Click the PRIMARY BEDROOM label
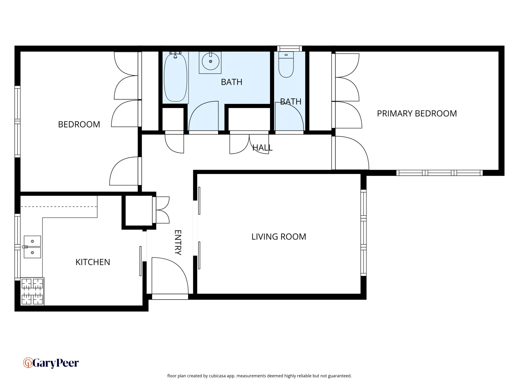(x=417, y=113)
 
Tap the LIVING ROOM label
(x=279, y=237)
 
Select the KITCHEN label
(x=93, y=262)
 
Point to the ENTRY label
(x=178, y=242)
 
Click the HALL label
(x=262, y=148)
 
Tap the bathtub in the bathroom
(x=176, y=77)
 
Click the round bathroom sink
(x=210, y=62)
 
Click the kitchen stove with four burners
(x=32, y=291)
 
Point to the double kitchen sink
(x=32, y=247)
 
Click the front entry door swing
(x=169, y=276)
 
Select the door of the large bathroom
(x=204, y=117)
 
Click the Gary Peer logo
(x=51, y=363)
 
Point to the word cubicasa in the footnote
(x=217, y=376)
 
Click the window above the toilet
(x=289, y=48)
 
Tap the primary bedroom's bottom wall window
(x=439, y=173)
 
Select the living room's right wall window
(x=363, y=233)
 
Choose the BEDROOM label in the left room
(x=79, y=124)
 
